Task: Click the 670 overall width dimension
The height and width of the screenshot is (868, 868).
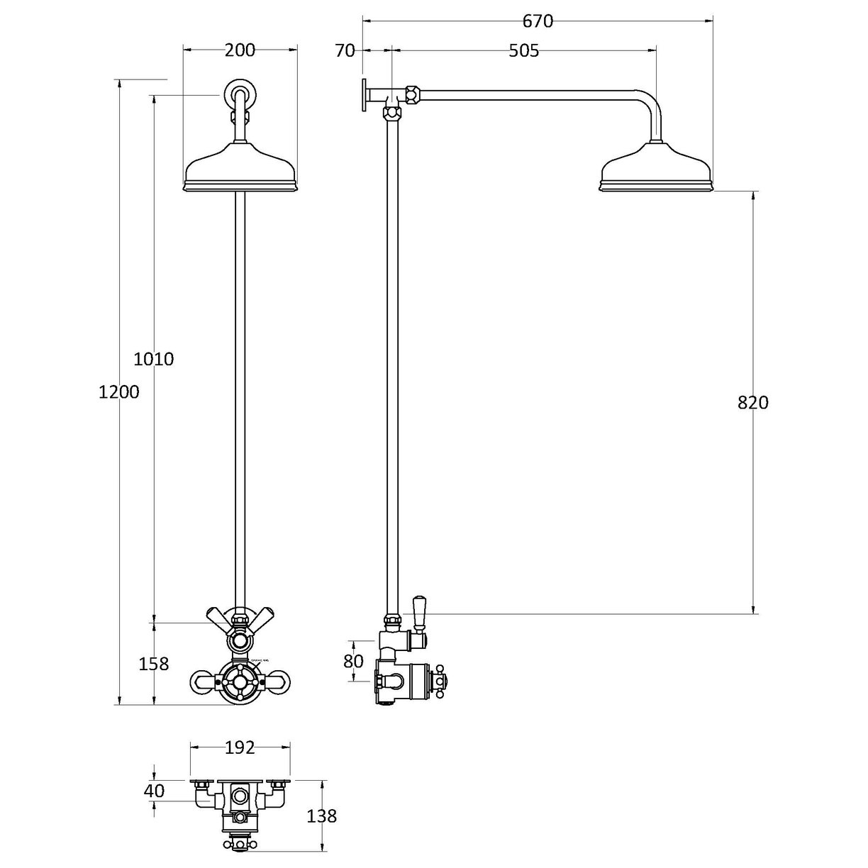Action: click(537, 22)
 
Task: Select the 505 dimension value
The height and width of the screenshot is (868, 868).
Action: click(524, 51)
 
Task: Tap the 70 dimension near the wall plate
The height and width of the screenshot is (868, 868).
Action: click(345, 51)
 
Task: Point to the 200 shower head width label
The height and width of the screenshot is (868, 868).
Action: click(240, 50)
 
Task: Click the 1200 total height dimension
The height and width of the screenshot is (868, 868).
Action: click(119, 391)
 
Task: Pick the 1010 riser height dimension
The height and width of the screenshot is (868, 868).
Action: click(154, 359)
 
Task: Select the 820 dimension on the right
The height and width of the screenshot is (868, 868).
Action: click(752, 403)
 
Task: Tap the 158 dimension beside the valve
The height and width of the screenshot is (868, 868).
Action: click(154, 664)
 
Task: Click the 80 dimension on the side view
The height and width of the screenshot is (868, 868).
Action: click(352, 661)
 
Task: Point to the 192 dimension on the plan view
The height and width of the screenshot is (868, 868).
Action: click(240, 747)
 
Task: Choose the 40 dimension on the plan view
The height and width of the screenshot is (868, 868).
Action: click(154, 791)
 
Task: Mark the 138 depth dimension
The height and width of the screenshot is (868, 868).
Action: click(323, 816)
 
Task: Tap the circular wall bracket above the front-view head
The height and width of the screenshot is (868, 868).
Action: click(240, 94)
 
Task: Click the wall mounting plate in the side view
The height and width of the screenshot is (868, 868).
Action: click(363, 95)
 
